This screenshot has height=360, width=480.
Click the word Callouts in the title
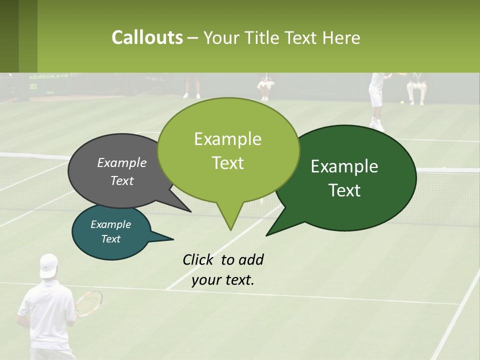coord(147,38)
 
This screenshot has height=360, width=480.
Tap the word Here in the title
coord(341,38)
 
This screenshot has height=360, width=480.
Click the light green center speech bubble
coord(228,150)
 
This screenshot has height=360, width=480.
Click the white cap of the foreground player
coord(49,265)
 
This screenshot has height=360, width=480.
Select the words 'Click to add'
coord(223,259)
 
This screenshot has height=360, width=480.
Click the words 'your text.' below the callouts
coord(223,279)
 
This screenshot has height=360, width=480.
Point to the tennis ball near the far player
coord(401,102)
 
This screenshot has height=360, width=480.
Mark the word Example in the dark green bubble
coord(344,166)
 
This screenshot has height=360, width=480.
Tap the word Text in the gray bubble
coord(122,180)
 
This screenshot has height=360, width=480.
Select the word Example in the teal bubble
coord(111,224)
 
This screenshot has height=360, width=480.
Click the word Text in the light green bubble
coord(228,163)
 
